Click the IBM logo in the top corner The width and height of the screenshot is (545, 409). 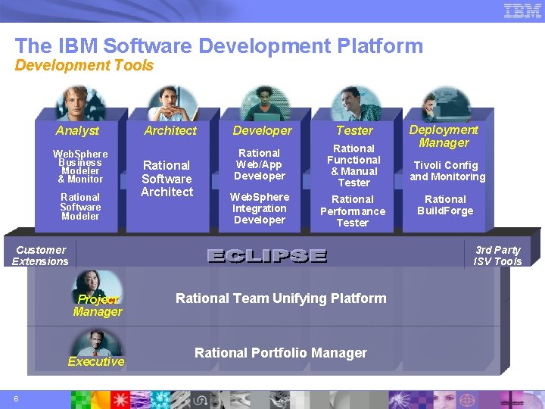click(523, 11)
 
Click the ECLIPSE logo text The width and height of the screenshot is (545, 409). click(266, 256)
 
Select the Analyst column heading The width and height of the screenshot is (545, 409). click(77, 130)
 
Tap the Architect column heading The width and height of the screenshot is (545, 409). click(170, 130)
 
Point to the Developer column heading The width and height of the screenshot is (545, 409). click(262, 130)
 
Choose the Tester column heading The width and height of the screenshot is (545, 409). click(354, 130)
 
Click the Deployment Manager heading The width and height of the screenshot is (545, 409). click(444, 136)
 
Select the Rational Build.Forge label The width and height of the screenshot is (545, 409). click(445, 205)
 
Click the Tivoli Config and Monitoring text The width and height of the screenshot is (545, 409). click(447, 171)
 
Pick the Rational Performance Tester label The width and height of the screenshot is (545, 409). click(353, 211)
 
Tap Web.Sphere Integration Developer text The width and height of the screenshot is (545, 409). click(260, 208)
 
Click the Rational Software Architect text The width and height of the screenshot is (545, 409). click(167, 179)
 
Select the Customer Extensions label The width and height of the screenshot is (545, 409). click(40, 255)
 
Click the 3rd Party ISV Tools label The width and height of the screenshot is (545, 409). click(497, 255)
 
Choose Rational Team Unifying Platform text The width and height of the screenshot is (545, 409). click(281, 298)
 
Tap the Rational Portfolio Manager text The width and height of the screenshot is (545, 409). click(281, 353)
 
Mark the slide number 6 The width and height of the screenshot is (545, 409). click(16, 399)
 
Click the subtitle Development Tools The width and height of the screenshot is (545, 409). click(84, 66)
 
